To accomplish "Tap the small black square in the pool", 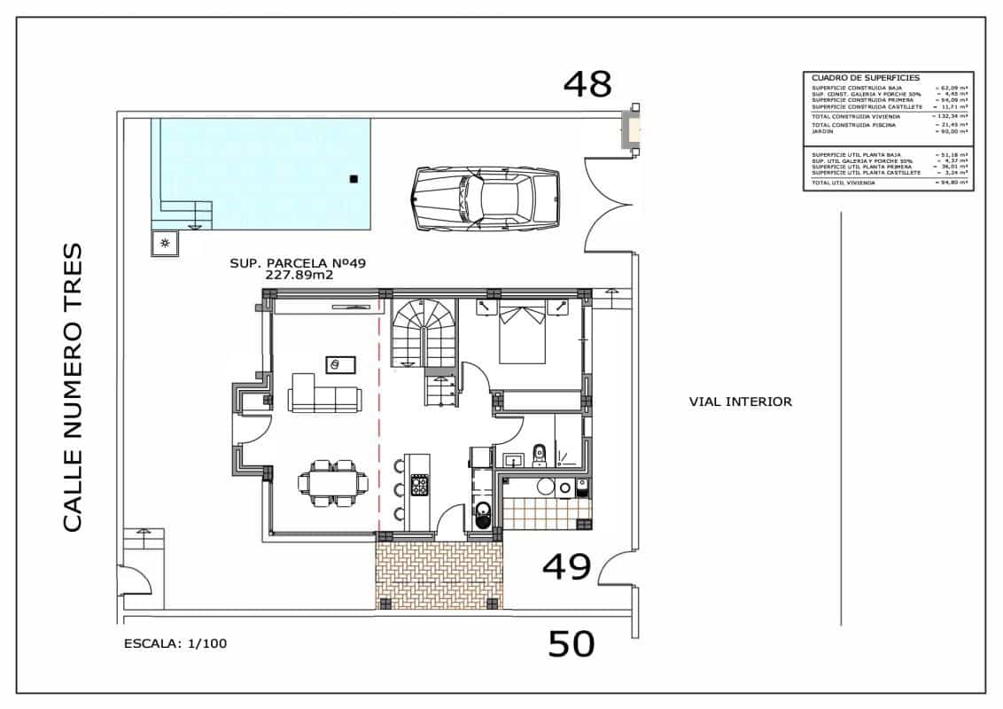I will pos(354,179).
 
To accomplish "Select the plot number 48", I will pos(588,84).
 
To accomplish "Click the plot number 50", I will pos(571,644).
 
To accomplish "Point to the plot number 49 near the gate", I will pos(566,567).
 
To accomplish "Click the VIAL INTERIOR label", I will pos(740,401).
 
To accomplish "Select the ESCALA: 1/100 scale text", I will pos(175,644).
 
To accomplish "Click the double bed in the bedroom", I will pos(522,334).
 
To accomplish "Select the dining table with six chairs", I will pos(333,482).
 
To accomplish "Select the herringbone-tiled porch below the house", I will pos(439,573).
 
